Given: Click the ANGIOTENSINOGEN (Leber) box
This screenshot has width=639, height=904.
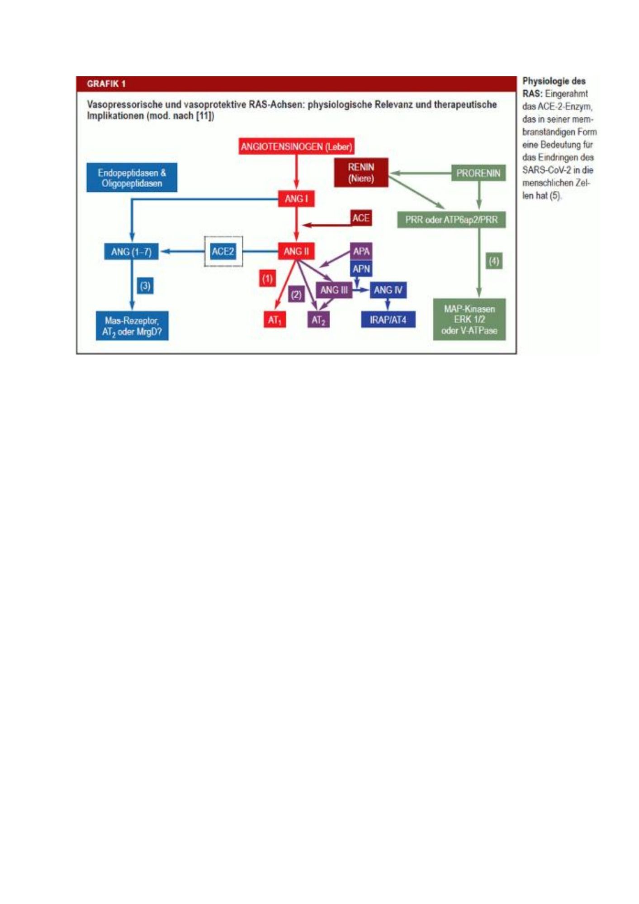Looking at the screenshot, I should point(296,146).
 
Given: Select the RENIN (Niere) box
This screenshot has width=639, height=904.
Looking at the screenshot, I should point(361,173).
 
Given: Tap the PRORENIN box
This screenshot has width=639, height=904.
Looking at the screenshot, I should point(478,173).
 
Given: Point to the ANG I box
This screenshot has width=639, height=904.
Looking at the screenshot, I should point(296,198).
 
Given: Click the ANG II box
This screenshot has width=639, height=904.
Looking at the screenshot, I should point(296,251).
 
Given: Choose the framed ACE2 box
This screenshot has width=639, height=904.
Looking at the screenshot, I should point(223,251).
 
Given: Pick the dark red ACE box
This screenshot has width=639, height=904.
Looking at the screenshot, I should point(361,218).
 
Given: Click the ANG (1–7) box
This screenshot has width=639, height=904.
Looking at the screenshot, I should point(131,251).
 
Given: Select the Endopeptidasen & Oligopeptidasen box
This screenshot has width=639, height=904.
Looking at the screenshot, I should point(132,178).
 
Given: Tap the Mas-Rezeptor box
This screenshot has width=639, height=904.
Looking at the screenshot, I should point(132,326).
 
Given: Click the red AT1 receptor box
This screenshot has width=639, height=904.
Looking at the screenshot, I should point(275,320).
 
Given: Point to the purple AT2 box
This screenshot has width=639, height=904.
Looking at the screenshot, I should point(318,320).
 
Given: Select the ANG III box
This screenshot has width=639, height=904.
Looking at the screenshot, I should point(334,290).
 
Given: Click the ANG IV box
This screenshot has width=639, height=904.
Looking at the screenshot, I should point(388,290).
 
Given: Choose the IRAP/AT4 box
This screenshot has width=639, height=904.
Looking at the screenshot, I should point(388,320).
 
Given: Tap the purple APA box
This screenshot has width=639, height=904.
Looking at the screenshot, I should point(361,251).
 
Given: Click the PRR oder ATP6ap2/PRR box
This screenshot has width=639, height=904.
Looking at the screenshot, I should point(451,220).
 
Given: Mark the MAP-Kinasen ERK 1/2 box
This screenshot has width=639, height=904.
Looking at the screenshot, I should point(469,320).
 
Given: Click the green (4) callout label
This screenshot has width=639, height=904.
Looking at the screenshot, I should point(494,261).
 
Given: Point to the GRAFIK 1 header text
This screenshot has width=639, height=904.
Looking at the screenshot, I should point(106,84).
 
